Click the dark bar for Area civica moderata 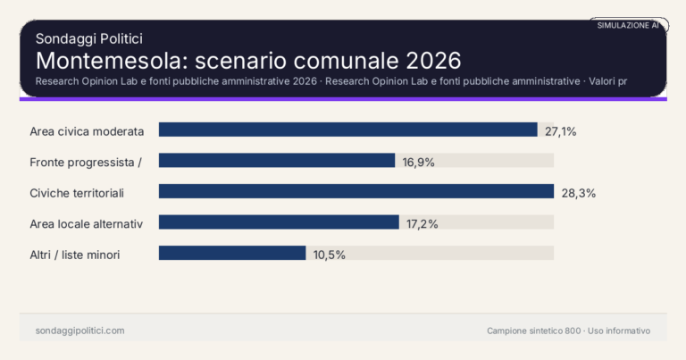click(x=347, y=130)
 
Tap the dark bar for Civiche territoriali click(x=356, y=191)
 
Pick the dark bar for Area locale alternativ click(x=279, y=222)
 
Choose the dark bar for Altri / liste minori click(x=232, y=253)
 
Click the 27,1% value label click(x=561, y=131)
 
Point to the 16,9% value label click(x=418, y=162)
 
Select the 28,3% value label click(x=578, y=193)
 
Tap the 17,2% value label click(x=422, y=223)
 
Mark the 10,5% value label click(x=329, y=255)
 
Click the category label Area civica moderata click(x=87, y=131)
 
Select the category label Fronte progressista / click(x=86, y=162)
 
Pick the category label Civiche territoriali click(x=77, y=193)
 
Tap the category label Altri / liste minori click(x=75, y=255)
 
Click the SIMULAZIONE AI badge click(x=628, y=26)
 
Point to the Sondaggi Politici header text click(x=89, y=38)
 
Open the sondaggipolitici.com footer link click(x=79, y=331)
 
